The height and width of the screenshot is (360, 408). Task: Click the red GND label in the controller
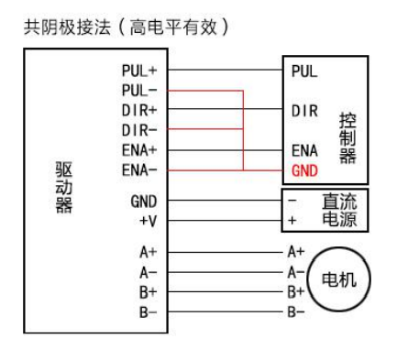click(x=304, y=170)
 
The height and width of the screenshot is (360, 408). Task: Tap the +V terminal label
click(x=148, y=221)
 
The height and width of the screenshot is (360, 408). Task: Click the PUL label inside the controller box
click(x=304, y=71)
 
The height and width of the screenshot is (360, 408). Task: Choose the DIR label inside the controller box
click(x=304, y=111)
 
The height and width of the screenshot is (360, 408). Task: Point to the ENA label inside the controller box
click(x=304, y=150)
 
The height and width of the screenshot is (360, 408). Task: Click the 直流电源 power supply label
click(x=338, y=211)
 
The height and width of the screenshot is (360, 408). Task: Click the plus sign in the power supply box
click(x=292, y=221)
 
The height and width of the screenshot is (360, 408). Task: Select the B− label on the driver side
click(x=147, y=311)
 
